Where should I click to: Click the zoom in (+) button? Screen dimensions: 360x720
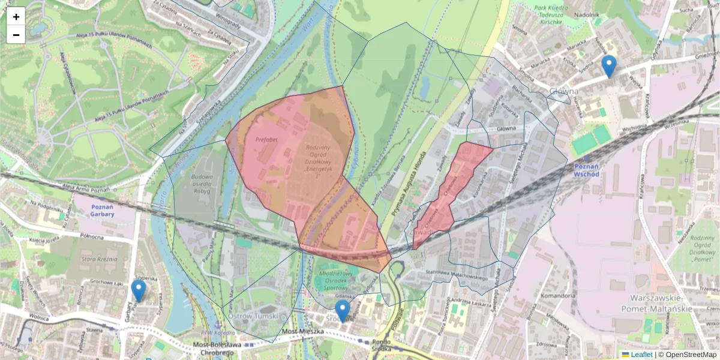tap(16, 17)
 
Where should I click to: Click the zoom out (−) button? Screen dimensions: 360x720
tap(16, 35)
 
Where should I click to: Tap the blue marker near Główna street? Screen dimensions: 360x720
tap(609, 67)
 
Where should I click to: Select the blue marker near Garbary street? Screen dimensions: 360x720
tap(139, 291)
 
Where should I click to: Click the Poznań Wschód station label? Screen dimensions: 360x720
tap(587, 169)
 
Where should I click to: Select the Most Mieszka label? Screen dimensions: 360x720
tap(302, 331)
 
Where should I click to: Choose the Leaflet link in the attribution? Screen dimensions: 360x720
tap(641, 355)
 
